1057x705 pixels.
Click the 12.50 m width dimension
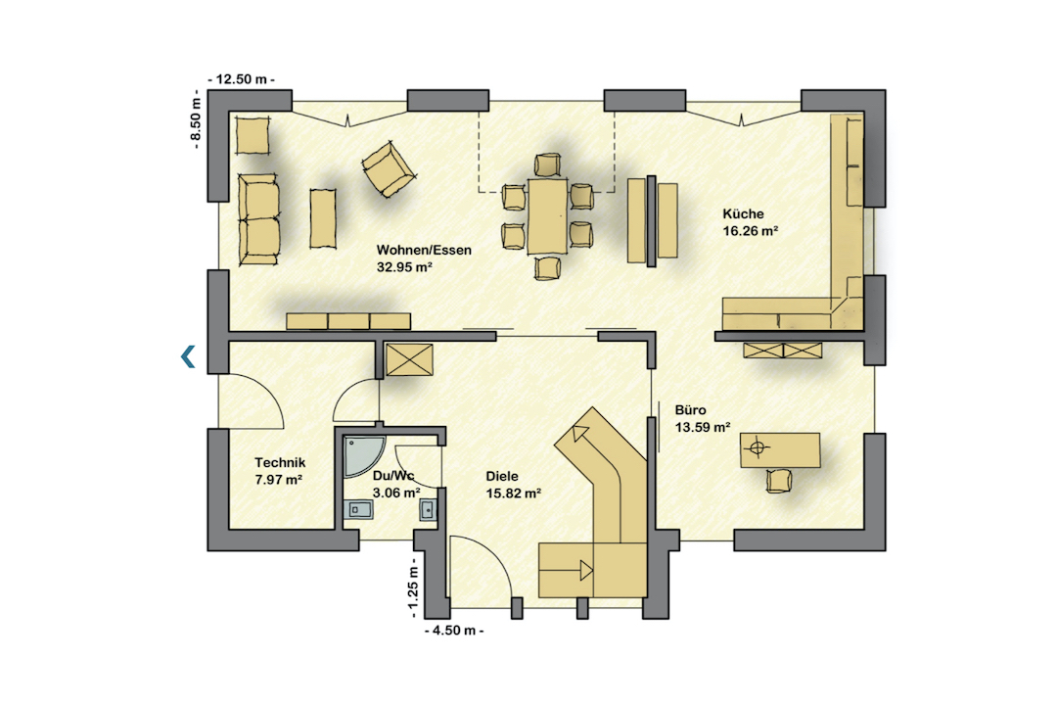click(x=242, y=79)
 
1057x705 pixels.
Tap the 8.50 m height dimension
click(x=196, y=120)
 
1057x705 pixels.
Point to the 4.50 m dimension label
click(x=454, y=631)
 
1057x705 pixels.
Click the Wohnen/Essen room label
click(x=424, y=250)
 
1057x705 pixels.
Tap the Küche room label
click(x=744, y=213)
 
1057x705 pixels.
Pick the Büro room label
click(x=690, y=410)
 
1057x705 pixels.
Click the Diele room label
click(x=502, y=476)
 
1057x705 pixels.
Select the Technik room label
click(x=280, y=463)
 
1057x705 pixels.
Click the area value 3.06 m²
click(x=396, y=493)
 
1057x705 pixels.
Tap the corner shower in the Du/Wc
click(x=364, y=456)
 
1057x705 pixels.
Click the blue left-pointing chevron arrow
click(x=188, y=356)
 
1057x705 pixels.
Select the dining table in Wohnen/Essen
click(x=547, y=215)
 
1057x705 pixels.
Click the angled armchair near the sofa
click(x=389, y=168)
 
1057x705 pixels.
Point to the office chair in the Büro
click(x=781, y=480)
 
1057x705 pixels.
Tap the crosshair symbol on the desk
click(x=757, y=447)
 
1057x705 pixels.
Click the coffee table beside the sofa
click(x=323, y=218)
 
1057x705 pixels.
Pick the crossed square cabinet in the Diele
click(x=409, y=359)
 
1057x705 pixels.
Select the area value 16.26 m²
click(x=751, y=231)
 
